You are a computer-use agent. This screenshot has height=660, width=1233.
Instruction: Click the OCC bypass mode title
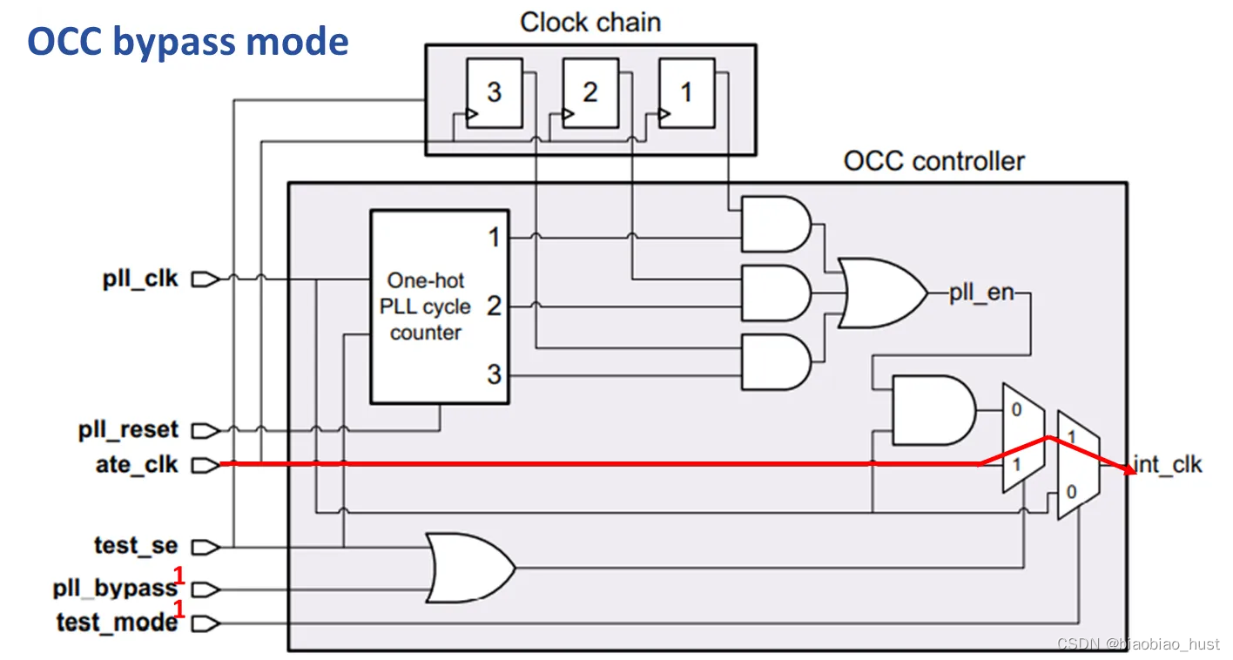pyautogui.click(x=188, y=41)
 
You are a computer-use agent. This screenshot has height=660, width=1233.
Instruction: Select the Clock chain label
pyautogui.click(x=590, y=22)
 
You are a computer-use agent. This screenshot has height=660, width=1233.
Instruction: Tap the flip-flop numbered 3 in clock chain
pyautogui.click(x=494, y=93)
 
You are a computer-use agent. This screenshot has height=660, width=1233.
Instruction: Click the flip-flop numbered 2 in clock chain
pyautogui.click(x=590, y=93)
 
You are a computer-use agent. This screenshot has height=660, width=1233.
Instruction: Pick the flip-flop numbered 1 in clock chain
pyautogui.click(x=686, y=93)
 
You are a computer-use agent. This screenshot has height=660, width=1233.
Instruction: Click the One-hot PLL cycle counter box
pyautogui.click(x=439, y=306)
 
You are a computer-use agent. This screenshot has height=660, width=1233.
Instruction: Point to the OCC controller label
pyautogui.click(x=933, y=161)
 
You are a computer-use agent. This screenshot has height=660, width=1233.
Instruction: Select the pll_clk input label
pyautogui.click(x=140, y=279)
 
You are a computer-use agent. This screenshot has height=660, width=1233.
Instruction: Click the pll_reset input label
pyautogui.click(x=128, y=430)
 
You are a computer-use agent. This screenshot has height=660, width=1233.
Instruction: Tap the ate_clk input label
pyautogui.click(x=137, y=465)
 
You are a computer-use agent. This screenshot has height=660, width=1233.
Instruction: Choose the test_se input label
pyautogui.click(x=136, y=546)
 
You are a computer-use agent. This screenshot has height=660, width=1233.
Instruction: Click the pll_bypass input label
pyautogui.click(x=115, y=589)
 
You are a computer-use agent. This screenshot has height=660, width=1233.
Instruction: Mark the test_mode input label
pyautogui.click(x=117, y=623)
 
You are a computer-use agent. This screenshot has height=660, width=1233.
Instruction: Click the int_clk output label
pyautogui.click(x=1168, y=465)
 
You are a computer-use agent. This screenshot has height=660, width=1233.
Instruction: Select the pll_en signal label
pyautogui.click(x=981, y=293)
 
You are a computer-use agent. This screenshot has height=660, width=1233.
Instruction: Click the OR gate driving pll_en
pyautogui.click(x=880, y=293)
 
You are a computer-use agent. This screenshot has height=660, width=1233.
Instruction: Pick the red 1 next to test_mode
pyautogui.click(x=180, y=609)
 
